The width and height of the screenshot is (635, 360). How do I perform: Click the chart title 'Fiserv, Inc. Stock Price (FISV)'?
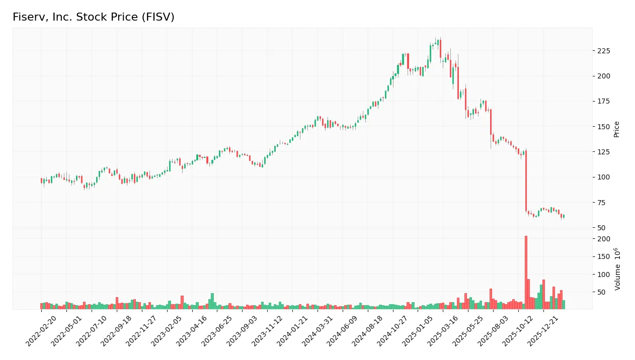94,17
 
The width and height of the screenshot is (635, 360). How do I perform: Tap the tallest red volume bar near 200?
526,272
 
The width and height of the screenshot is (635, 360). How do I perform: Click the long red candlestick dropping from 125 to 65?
526,181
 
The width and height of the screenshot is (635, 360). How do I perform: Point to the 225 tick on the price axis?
603,51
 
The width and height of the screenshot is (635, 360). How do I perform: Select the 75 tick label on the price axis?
601,202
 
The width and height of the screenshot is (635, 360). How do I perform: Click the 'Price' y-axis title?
616,129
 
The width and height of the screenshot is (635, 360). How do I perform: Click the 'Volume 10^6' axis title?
617,269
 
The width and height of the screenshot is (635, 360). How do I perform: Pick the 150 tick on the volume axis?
603,257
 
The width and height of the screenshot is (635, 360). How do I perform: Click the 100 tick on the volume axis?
603,275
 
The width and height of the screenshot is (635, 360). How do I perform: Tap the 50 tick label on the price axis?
601,227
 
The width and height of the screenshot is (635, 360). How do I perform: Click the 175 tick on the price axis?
603,101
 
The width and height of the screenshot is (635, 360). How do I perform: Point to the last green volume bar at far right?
564,305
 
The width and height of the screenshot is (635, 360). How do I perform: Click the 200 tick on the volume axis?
603,239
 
